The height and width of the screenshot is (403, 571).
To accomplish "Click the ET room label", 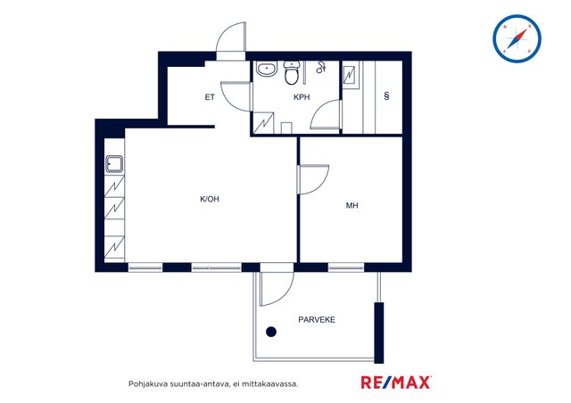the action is pos(210,97).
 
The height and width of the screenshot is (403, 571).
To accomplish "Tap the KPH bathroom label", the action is pos(302,97).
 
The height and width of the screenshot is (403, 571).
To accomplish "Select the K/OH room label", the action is pos(210,199).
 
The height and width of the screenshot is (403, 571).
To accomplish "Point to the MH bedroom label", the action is pos(352,206).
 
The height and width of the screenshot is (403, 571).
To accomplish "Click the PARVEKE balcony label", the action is pos(317,319).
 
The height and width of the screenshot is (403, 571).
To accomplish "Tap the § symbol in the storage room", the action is pos(386,95).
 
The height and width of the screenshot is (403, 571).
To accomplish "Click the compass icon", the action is pos(517,38).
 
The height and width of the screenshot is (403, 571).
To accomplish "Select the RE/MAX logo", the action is pos(396,382).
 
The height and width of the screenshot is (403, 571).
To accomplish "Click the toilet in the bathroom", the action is pos(292,72).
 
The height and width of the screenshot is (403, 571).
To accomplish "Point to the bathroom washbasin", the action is pos(266,69).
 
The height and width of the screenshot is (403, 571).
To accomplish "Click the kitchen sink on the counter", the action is pos(114,164).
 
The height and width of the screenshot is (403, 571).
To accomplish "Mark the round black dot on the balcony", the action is pos(271,332).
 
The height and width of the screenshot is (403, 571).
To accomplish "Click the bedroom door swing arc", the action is pos(320,185).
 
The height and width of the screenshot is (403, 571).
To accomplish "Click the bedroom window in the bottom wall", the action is pos(346,267).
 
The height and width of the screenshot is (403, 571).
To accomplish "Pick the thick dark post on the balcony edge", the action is pos(379,333).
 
